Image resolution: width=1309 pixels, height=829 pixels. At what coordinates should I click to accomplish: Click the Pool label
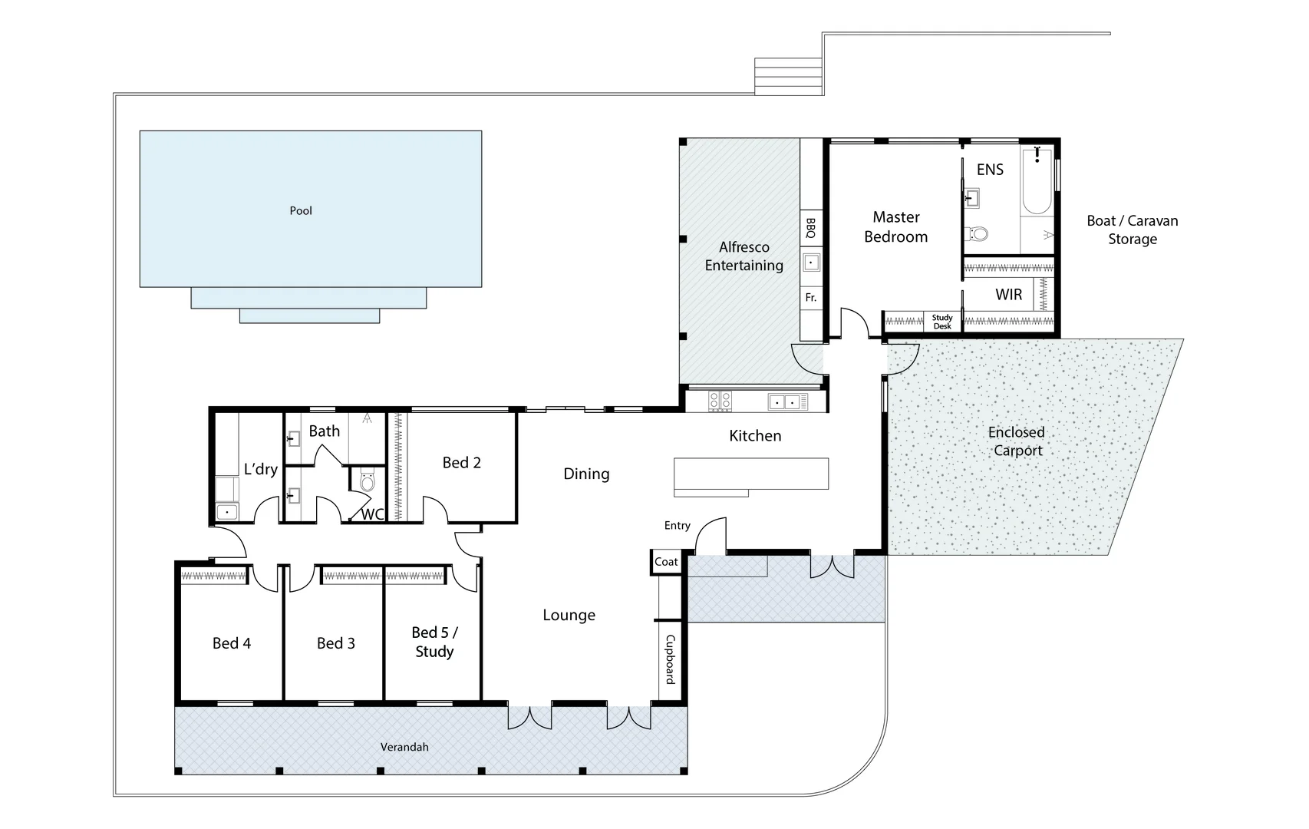(301, 210)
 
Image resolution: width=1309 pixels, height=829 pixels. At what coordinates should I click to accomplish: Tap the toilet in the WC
(367, 481)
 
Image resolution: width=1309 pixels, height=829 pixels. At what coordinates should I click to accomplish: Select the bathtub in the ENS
(1037, 182)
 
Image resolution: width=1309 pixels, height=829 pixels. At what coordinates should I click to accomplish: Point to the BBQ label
(811, 228)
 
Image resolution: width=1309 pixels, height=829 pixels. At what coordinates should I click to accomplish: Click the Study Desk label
(942, 322)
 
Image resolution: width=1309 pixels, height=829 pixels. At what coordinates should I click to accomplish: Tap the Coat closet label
(666, 562)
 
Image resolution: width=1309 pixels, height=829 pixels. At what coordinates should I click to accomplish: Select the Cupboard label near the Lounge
(670, 659)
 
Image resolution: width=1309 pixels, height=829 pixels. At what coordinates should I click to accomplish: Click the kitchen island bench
(750, 474)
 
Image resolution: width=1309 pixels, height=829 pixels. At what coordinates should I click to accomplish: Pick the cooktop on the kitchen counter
(720, 401)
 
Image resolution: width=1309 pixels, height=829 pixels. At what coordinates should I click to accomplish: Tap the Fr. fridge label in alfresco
(811, 297)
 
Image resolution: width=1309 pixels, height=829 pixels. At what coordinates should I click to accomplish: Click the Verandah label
(404, 747)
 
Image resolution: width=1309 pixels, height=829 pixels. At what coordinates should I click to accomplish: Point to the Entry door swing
(711, 535)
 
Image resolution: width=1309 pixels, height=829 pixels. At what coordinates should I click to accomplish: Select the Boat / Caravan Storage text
(1132, 230)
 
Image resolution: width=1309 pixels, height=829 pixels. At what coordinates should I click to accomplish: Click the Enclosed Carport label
(1017, 441)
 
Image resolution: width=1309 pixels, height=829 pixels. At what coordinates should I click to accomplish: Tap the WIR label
(1008, 295)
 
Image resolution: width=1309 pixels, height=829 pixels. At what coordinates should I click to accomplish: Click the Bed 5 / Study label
(434, 642)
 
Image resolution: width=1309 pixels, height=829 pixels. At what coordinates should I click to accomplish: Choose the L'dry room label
(260, 469)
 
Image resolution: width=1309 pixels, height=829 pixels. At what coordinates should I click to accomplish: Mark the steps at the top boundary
(789, 76)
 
